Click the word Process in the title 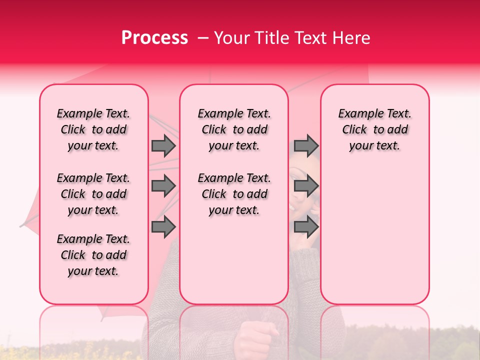tap(154, 38)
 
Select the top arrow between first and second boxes tap(163, 146)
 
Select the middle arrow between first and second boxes tap(163, 186)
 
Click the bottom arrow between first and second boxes tap(163, 227)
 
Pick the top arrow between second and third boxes tap(306, 146)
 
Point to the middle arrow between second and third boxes tap(306, 186)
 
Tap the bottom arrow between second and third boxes tap(306, 227)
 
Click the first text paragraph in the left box tap(93, 129)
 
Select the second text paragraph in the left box tap(93, 194)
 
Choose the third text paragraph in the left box tap(93, 255)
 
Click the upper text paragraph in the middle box tap(234, 129)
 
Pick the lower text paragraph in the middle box tap(234, 194)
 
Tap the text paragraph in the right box tap(375, 129)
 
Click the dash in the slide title tap(202, 38)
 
